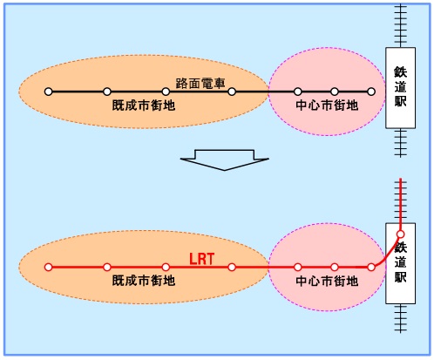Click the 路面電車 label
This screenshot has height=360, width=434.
[200, 84]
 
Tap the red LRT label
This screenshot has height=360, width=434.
[202, 259]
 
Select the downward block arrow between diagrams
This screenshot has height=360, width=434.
[225, 160]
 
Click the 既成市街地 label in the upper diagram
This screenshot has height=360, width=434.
[144, 105]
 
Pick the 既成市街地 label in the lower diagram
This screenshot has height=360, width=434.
[144, 281]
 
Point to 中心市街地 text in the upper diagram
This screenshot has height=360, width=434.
[327, 105]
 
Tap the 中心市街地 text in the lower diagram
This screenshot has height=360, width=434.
[327, 281]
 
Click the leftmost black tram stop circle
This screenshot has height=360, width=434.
[49, 92]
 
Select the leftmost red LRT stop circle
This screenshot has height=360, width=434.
[49, 267]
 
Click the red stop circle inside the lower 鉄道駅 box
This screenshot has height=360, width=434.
[401, 234]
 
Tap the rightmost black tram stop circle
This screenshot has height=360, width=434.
[371, 92]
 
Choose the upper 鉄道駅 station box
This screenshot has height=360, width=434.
[400, 88]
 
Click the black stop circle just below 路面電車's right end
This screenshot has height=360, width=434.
[232, 92]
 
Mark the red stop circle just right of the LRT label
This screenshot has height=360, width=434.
[232, 267]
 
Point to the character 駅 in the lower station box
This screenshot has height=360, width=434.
[400, 276]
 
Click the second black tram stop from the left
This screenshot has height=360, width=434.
[107, 92]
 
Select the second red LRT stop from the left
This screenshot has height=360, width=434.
[107, 267]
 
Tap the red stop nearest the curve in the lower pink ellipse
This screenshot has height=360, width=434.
[371, 267]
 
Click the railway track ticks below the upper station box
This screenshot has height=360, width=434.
[401, 143]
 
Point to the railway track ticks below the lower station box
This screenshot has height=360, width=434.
[401, 318]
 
